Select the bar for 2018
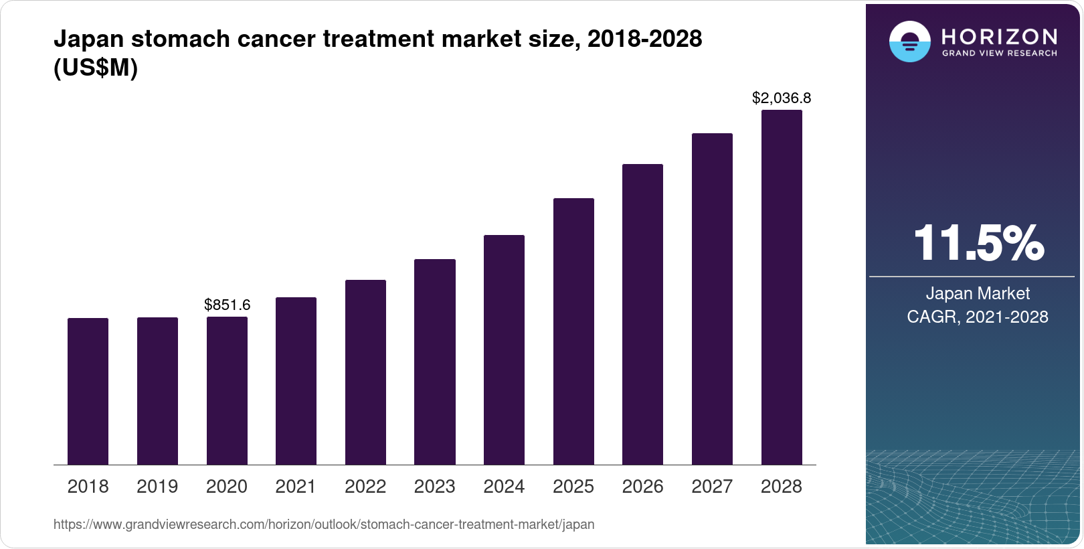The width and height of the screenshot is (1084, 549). click(88, 392)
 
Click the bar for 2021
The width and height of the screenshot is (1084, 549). click(296, 381)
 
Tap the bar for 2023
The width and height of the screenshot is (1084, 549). click(435, 362)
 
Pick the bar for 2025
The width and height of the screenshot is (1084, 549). click(573, 331)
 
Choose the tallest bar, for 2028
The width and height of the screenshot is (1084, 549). click(782, 288)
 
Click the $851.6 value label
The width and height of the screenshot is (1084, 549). click(227, 305)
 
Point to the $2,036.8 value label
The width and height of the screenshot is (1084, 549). click(782, 98)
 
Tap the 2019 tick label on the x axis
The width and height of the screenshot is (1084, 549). click(157, 487)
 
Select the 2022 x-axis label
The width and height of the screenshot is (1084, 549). click(365, 487)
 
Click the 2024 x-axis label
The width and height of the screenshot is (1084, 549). click(504, 487)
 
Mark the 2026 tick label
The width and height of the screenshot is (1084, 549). click(642, 487)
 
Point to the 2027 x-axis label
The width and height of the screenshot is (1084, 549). click(712, 487)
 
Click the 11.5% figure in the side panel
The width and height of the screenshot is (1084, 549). click(978, 243)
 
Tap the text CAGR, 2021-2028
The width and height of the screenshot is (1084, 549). click(978, 317)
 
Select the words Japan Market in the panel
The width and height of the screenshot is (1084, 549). click(978, 293)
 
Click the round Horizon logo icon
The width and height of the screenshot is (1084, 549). click(909, 42)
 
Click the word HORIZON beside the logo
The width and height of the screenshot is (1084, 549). click(999, 36)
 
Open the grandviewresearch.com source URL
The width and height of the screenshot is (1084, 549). click(324, 524)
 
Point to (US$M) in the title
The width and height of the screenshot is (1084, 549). click(96, 68)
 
